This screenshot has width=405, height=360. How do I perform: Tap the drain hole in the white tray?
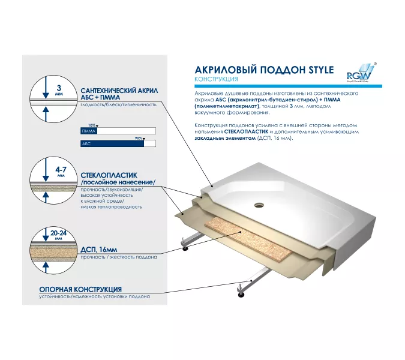pyautogui.click(x=260, y=204)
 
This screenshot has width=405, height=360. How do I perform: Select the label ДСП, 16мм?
pyautogui.click(x=99, y=249)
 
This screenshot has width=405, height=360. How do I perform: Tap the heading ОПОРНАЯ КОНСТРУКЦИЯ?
pyautogui.click(x=80, y=289)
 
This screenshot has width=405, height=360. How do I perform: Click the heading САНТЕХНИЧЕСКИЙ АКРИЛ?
pyautogui.click(x=119, y=90)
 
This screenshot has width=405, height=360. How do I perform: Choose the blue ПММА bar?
pyautogui.click(x=89, y=130)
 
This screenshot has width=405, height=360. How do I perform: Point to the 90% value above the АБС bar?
pyautogui.click(x=139, y=138)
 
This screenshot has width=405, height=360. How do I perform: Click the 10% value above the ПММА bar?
pyautogui.click(x=92, y=125)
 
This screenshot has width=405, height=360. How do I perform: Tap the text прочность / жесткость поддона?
pyautogui.click(x=118, y=257)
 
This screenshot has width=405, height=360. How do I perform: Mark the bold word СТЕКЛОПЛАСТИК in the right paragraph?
pyautogui.click(x=245, y=131)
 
